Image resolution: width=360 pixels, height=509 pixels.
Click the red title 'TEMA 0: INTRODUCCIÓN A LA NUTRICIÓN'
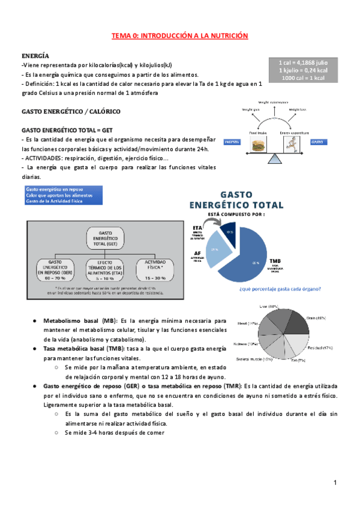179,36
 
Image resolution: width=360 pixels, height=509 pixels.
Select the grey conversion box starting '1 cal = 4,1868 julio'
302,70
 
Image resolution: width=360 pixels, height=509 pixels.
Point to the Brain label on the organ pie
316,318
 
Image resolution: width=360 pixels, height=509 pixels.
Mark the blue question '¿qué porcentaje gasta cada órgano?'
280,289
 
